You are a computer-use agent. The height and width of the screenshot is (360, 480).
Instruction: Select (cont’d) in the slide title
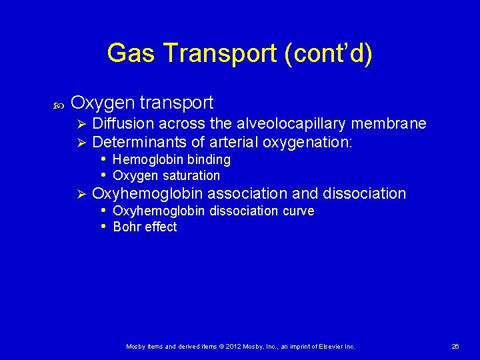328,53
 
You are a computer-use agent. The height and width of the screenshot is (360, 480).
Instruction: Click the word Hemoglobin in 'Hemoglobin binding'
148,160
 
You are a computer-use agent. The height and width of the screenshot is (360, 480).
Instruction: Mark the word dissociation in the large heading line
364,193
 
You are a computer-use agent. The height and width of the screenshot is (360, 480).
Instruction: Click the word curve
298,211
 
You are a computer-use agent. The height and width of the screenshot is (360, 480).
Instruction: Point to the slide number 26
456,347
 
